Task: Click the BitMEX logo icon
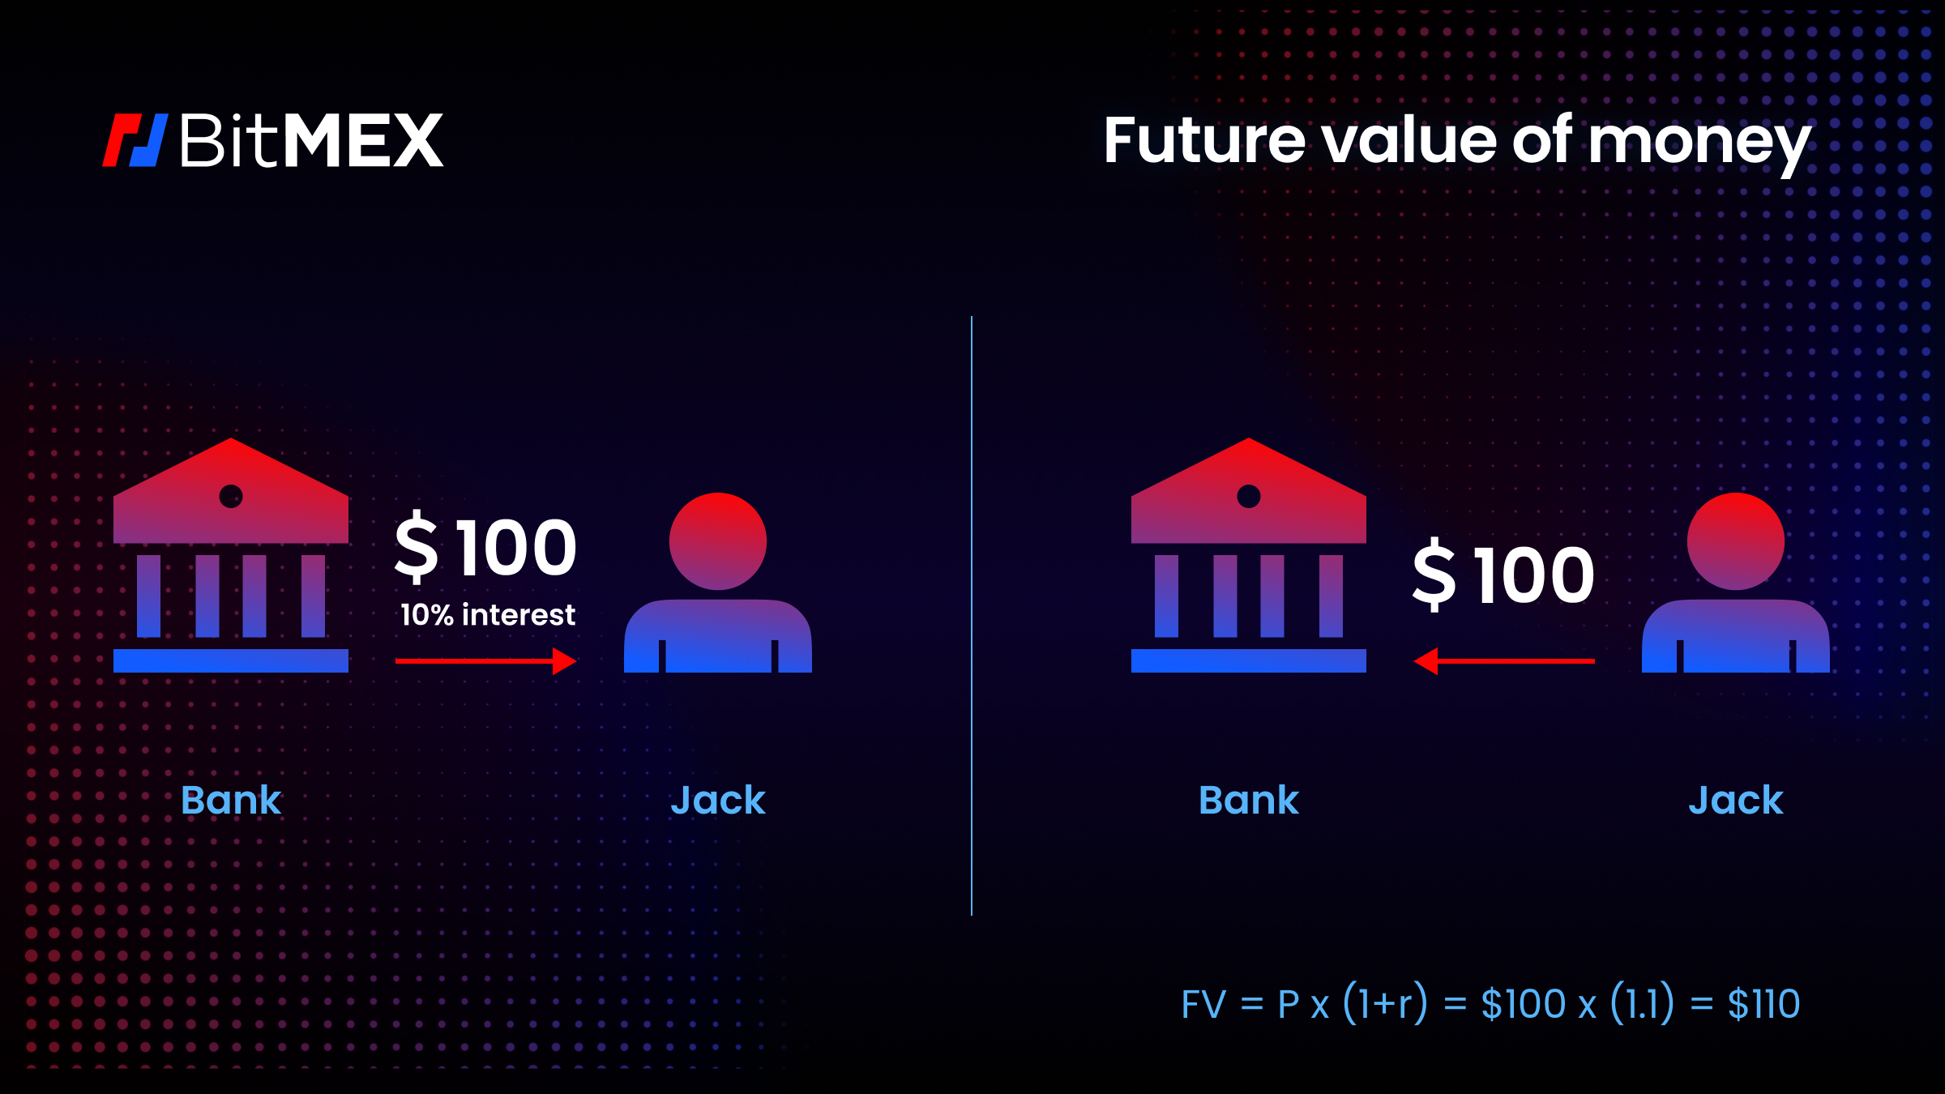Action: (x=135, y=140)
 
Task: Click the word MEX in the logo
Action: (x=364, y=141)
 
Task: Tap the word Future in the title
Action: (x=1204, y=141)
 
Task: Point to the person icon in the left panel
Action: (x=718, y=583)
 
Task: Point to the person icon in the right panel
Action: (x=1735, y=583)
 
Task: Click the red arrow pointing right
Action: (x=486, y=661)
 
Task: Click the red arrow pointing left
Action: (x=1504, y=661)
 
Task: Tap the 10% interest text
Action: (x=488, y=615)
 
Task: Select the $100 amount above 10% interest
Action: (x=486, y=548)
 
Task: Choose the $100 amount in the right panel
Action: (x=1504, y=575)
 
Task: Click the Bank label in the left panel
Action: (x=231, y=801)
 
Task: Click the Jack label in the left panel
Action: (x=718, y=801)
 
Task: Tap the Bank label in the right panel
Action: (x=1249, y=801)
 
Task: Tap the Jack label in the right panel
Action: (x=1736, y=801)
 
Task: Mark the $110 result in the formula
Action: (x=1763, y=1005)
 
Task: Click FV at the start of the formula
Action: (x=1203, y=1005)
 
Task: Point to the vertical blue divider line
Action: (x=972, y=616)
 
